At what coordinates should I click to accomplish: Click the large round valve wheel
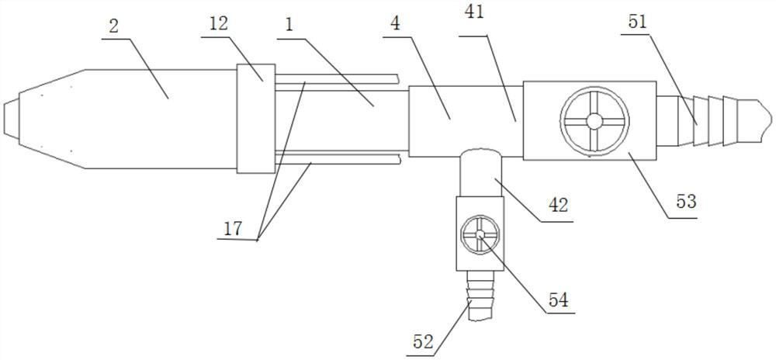pyautogui.click(x=594, y=120)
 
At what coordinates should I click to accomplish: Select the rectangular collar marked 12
pyautogui.click(x=255, y=118)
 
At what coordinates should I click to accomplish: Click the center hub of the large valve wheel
pyautogui.click(x=594, y=120)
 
